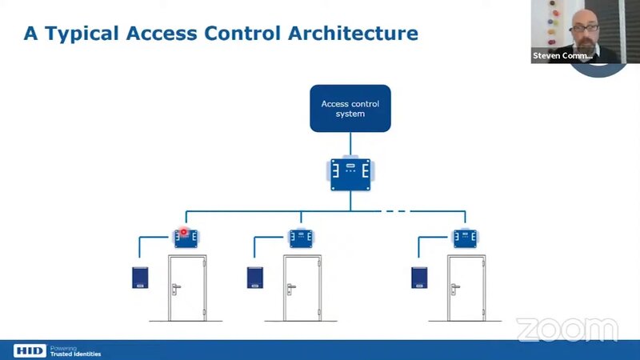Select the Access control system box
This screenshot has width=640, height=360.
[350, 109]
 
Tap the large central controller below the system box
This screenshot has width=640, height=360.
[350, 173]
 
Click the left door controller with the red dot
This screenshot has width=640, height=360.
[186, 237]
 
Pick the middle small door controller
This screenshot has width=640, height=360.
[301, 237]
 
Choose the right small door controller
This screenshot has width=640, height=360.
[466, 237]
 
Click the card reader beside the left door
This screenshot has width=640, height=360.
[143, 277]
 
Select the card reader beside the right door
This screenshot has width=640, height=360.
[419, 277]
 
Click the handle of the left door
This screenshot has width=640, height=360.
[176, 287]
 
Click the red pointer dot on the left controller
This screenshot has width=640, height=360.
[183, 233]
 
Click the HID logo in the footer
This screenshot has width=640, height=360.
[29, 350]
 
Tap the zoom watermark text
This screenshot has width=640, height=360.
[566, 329]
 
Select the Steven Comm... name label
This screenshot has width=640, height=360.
[562, 56]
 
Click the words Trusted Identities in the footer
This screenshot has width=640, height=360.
[76, 353]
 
